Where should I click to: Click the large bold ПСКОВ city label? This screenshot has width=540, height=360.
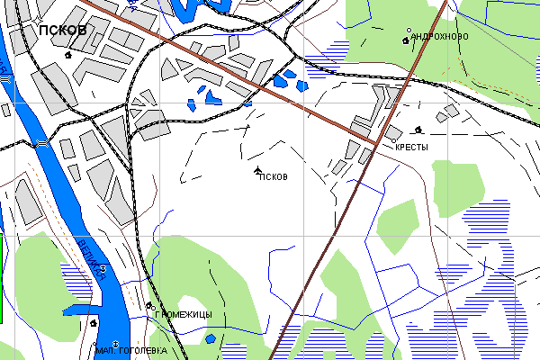click(x=63, y=31)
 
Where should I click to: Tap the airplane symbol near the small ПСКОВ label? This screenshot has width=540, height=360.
click(x=258, y=169)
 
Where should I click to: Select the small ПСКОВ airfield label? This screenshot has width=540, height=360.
click(x=273, y=176)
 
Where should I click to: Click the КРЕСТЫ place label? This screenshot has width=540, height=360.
click(x=411, y=147)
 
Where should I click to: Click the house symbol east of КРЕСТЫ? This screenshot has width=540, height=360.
click(x=418, y=130)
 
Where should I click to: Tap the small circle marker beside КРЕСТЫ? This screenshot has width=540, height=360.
click(x=394, y=140)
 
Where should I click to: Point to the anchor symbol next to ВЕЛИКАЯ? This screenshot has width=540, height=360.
click(x=103, y=269)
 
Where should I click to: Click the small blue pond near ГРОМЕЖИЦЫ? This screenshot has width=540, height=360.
click(x=210, y=338)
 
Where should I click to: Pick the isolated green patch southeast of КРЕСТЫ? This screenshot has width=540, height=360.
click(x=453, y=187)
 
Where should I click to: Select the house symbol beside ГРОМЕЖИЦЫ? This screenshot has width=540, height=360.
click(x=149, y=306)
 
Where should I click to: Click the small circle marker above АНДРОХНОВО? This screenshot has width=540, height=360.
click(x=410, y=30)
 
